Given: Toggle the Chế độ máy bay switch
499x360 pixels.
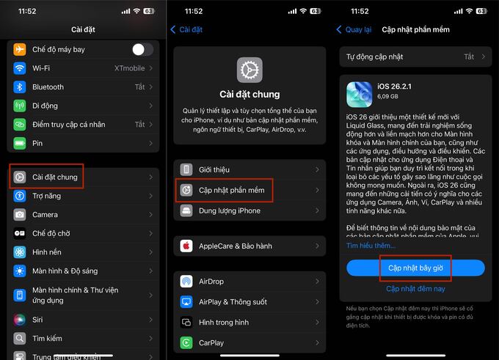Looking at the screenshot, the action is click(x=142, y=49).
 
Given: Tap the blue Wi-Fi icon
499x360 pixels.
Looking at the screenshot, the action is click(x=20, y=68).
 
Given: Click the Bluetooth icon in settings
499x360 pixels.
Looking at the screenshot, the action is click(x=20, y=87).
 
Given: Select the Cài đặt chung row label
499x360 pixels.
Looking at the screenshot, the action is click(x=55, y=177).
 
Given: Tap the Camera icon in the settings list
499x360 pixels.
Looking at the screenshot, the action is click(x=20, y=215).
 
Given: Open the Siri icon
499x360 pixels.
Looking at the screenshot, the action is click(x=20, y=320).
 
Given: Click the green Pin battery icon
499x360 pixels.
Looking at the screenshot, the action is click(x=20, y=143).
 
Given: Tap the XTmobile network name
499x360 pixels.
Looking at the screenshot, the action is click(x=130, y=68).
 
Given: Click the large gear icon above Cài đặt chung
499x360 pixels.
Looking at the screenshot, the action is click(x=249, y=70).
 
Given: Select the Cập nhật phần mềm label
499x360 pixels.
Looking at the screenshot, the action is click(x=232, y=190).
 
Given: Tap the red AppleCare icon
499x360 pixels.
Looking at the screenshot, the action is click(x=186, y=246).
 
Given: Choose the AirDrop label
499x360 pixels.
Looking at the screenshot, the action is click(x=211, y=282).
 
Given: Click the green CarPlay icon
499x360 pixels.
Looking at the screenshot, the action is click(x=186, y=342).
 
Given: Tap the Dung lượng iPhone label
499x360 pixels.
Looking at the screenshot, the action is click(x=230, y=210).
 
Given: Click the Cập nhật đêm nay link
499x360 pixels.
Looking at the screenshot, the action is click(x=415, y=289).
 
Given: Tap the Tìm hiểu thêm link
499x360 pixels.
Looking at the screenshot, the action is click(x=371, y=246).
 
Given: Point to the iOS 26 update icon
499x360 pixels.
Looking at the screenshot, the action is click(x=360, y=95).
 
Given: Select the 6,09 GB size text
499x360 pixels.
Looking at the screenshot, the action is click(x=387, y=96).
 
